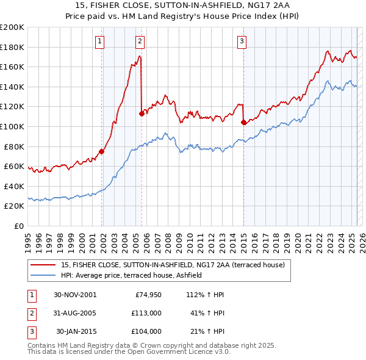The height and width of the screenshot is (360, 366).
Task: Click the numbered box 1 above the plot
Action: [x=99, y=41]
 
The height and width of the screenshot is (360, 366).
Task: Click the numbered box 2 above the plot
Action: [x=140, y=41]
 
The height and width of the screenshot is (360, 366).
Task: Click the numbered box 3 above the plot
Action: [x=242, y=41]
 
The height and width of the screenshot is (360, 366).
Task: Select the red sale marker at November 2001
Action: [x=102, y=152]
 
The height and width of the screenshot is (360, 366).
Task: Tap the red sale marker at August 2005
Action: [x=142, y=113]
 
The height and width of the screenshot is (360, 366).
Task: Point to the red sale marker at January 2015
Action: [x=243, y=122]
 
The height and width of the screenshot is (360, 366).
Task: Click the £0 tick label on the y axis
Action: [x=19, y=226]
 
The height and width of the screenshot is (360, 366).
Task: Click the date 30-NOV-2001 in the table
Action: [x=75, y=295]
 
